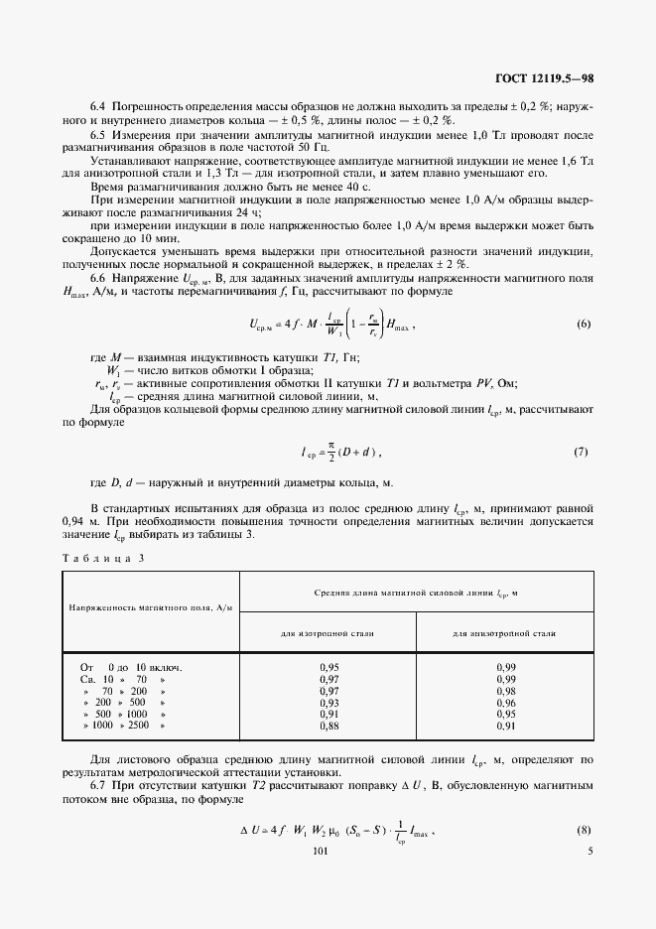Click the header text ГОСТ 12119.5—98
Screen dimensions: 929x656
[545, 77]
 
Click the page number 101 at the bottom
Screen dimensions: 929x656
[320, 851]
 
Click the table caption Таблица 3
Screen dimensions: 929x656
[103, 558]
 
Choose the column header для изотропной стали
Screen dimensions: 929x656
[328, 632]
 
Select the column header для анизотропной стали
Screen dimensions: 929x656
[504, 632]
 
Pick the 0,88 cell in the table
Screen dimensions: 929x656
[328, 727]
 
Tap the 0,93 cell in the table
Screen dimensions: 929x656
[328, 703]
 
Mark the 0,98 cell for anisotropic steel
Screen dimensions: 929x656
[504, 691]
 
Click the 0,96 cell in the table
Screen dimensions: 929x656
[504, 703]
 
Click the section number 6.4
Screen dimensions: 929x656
[98, 104]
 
